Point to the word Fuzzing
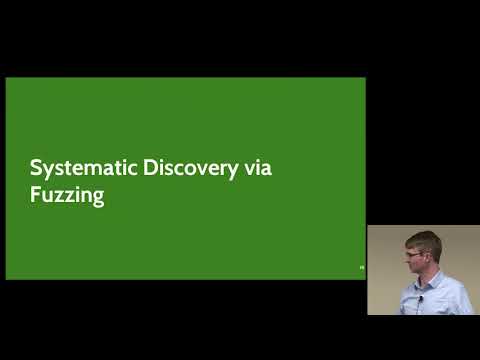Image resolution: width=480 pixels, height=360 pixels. tap(68, 196)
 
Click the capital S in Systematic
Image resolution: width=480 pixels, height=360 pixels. tap(36, 168)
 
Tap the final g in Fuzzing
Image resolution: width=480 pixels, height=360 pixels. tap(99, 199)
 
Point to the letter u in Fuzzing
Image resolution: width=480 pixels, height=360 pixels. tap(47, 196)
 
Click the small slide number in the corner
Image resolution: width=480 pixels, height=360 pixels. tap(362, 268)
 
